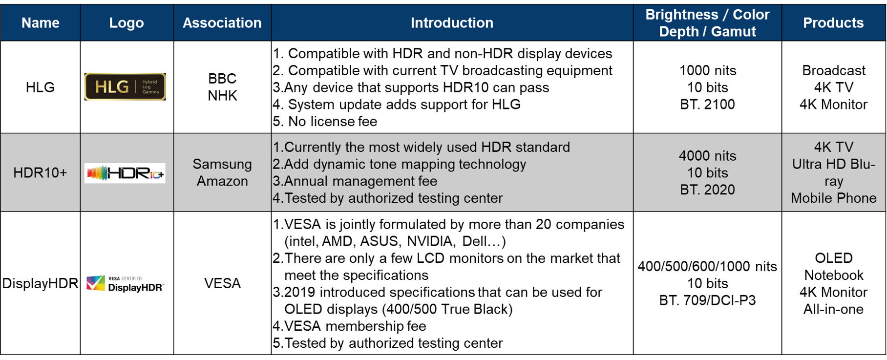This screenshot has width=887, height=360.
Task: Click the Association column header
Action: pos(222,23)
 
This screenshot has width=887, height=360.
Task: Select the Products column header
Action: pos(833,23)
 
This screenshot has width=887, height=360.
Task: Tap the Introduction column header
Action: pos(452,23)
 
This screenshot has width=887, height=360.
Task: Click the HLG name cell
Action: pos(40,87)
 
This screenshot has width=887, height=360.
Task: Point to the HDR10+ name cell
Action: pos(40,173)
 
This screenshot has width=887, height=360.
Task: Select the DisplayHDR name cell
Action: pos(40,283)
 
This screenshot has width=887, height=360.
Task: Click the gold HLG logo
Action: pos(125,87)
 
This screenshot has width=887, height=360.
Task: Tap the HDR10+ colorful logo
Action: pos(125,173)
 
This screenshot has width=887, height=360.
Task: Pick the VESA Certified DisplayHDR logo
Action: pos(125,284)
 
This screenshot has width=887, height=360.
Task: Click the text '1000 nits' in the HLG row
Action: pos(707,71)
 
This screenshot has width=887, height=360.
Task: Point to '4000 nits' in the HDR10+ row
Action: pos(707,156)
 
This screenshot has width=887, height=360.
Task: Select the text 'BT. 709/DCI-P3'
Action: pos(707,300)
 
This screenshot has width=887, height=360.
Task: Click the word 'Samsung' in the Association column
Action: pos(222,164)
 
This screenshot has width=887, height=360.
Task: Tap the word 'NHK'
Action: pos(222,96)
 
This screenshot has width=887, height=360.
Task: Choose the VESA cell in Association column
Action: pos(222,283)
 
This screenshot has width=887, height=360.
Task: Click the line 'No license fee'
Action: pos(332,122)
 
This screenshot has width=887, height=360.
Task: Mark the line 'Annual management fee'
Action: pos(360,181)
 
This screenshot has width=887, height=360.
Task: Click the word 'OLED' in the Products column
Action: pos(833,258)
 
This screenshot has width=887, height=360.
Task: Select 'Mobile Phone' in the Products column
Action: pos(833,198)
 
